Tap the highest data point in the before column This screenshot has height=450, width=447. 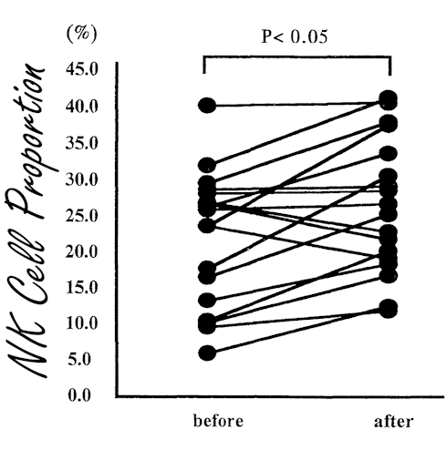(208, 106)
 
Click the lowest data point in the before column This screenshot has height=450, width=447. (208, 353)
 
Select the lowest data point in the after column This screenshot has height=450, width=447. (389, 309)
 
